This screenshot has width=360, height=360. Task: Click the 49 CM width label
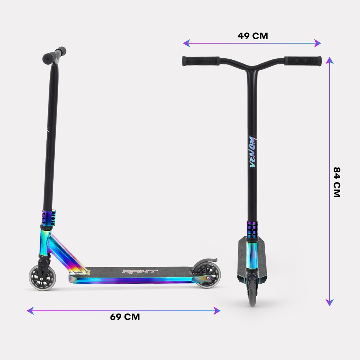pos(253,36)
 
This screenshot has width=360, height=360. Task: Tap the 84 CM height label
pos(337,182)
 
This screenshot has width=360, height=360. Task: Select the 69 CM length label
pos(125,317)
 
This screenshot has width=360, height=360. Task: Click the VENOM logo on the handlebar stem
pos(252,152)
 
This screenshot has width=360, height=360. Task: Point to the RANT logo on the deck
pos(140,271)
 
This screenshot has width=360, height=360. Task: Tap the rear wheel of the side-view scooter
pos(207,275)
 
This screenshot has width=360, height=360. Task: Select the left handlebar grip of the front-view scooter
pos(201,61)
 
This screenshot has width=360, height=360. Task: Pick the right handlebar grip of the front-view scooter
pos(303,61)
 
